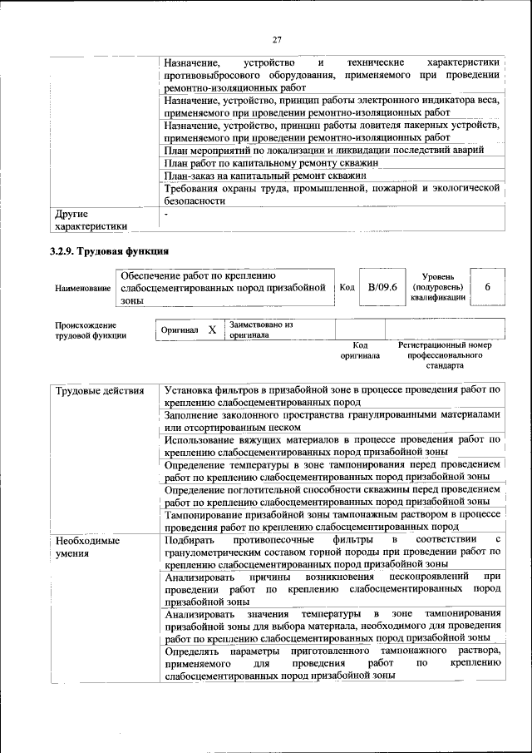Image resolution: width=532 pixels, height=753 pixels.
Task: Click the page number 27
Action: (x=277, y=40)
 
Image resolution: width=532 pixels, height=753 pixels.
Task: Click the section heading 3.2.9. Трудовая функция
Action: (x=109, y=250)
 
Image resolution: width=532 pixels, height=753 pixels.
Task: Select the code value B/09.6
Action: (x=382, y=287)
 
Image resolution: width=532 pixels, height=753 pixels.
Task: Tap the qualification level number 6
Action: (x=487, y=287)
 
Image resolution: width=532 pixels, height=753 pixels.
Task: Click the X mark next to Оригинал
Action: (x=212, y=329)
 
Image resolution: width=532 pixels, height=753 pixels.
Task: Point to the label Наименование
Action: (x=82, y=288)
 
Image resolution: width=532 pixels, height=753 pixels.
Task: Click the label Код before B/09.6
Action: (x=347, y=287)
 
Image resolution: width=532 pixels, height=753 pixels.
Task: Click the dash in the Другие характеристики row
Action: (x=166, y=214)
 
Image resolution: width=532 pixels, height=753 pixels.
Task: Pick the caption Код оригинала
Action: (x=360, y=349)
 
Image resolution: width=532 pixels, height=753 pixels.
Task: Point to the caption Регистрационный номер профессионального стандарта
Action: (x=445, y=354)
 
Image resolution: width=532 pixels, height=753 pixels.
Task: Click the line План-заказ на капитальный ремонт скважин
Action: (x=265, y=176)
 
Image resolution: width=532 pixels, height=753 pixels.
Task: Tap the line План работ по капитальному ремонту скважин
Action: (x=271, y=163)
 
